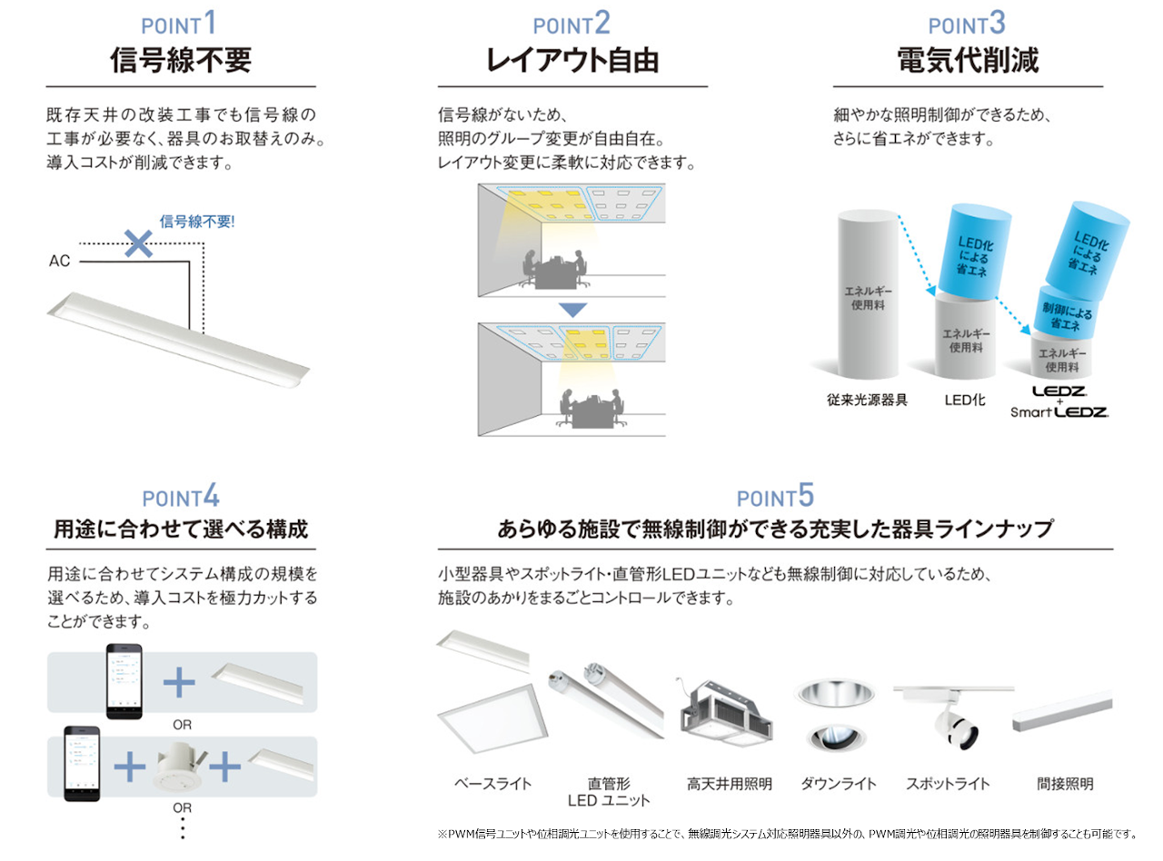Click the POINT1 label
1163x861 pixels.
(x=179, y=24)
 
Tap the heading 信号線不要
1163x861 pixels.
(x=181, y=60)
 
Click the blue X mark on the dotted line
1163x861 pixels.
(x=138, y=243)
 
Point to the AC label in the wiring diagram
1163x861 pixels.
(x=59, y=262)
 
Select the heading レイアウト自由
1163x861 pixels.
(x=572, y=60)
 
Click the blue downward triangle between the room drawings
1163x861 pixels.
(x=572, y=310)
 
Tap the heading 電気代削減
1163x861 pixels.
(x=968, y=60)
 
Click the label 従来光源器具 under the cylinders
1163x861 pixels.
(x=867, y=401)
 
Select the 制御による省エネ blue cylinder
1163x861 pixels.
(x=1066, y=312)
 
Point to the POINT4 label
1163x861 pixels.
(x=181, y=496)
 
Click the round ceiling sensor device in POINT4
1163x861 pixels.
(x=178, y=767)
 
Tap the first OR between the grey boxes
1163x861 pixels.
(x=182, y=725)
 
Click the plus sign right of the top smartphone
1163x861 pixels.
(x=179, y=682)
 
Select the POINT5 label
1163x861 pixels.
(x=775, y=496)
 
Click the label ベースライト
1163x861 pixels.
(x=492, y=784)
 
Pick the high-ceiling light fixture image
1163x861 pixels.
(x=726, y=713)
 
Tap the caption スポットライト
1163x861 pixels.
(x=948, y=784)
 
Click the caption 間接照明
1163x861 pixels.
(x=1065, y=784)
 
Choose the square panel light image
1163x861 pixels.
(x=492, y=719)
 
